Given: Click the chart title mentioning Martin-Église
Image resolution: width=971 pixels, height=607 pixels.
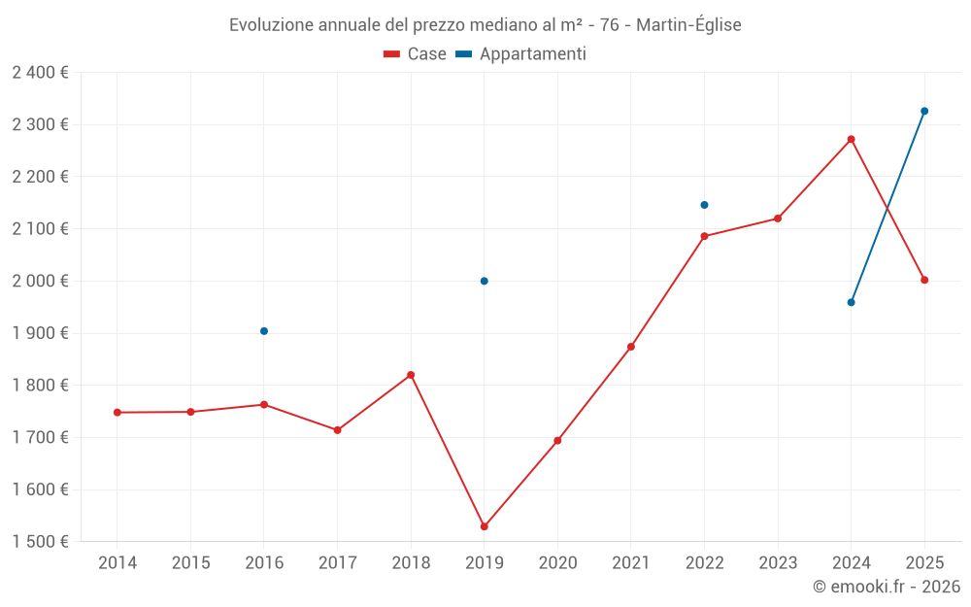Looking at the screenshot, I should point(485,25).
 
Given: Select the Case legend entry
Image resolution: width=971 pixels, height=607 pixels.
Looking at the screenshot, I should point(416,54).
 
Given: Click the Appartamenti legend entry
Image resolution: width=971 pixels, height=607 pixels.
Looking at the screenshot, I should point(521,54).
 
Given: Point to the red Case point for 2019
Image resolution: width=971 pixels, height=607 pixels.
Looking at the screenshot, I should point(485,526).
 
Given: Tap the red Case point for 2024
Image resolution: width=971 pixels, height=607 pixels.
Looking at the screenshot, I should point(851,139).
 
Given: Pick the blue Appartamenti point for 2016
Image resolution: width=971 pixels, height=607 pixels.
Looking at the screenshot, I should point(264,331).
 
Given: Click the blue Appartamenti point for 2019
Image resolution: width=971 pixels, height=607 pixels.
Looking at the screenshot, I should point(485,281).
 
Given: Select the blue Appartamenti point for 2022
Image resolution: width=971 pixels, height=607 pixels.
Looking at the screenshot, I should point(704,205).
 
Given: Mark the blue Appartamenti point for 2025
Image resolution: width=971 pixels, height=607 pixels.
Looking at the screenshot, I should point(924,111).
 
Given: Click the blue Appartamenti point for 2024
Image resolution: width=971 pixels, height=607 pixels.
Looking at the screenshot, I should point(851,302).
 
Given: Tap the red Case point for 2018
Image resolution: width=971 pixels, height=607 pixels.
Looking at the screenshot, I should point(411,375).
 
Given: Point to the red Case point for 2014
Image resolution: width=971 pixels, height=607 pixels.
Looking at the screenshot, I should point(117,413).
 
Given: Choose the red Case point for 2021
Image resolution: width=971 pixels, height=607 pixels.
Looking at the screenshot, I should point(631,347).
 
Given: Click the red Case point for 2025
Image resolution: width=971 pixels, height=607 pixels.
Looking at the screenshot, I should point(924,280).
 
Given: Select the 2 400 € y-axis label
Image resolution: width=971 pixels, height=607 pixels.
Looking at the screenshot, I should point(40,73).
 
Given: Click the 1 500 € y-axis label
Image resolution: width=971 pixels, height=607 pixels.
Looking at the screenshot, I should point(40,542).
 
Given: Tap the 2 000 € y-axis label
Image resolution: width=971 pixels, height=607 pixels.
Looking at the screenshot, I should point(40,281).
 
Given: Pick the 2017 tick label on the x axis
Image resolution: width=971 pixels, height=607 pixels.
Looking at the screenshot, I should point(337,563).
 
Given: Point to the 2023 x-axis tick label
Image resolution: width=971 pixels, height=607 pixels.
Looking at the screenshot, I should point(778,563).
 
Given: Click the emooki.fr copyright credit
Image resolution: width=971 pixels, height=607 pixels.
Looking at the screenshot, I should point(886,587).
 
